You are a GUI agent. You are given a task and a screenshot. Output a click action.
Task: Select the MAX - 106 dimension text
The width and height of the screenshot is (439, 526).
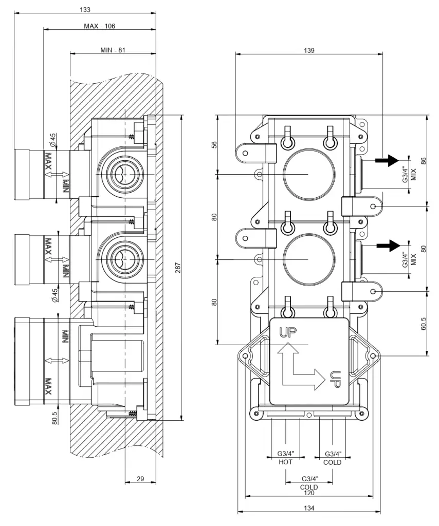(100, 26)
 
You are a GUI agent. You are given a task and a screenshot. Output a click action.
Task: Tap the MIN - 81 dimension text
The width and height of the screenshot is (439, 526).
(114, 50)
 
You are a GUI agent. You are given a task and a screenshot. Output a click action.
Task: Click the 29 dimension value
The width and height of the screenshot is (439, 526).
(140, 479)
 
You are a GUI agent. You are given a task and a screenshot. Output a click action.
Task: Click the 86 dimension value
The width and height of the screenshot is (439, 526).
(424, 160)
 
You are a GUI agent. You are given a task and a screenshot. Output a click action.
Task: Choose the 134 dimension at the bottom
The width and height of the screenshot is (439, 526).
(309, 508)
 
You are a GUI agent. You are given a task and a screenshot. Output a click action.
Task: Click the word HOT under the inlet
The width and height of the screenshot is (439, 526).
(285, 462)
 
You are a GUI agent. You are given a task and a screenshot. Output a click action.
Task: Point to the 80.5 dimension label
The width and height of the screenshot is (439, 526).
(54, 416)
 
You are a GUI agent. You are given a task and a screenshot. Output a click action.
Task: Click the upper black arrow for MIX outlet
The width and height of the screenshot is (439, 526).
(388, 160)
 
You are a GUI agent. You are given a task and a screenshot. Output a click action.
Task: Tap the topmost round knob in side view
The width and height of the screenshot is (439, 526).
(28, 174)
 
